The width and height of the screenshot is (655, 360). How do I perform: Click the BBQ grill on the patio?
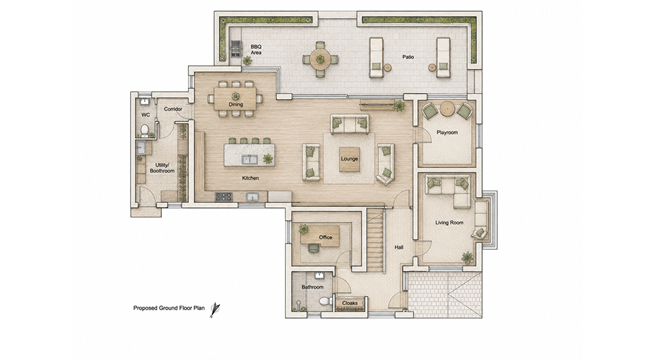pos(236,48)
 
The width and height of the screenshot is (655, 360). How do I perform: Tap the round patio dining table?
pos(320,60)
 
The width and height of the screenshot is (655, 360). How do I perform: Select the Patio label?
pos(408,57)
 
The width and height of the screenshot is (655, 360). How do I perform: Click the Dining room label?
pos(236,105)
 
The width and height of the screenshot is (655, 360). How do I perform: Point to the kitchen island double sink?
pos(250,160)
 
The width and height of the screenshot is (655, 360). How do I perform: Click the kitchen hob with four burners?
pos(223,196)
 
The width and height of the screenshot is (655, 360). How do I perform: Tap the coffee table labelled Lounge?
pos(349,159)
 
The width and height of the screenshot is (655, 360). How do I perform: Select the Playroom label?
pos(447,132)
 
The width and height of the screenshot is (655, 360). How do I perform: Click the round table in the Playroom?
pos(447,109)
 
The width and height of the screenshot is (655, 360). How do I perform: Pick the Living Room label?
pos(449,223)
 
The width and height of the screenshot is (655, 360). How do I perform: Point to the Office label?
pos(326,237)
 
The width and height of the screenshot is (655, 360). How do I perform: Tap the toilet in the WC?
pos(145,130)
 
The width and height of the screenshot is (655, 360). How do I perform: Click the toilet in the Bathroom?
pos(324,301)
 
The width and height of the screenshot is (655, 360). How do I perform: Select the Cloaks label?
pos(350,303)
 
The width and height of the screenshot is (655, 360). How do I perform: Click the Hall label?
pos(399,247)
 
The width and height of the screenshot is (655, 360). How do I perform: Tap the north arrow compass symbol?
pos(215,310)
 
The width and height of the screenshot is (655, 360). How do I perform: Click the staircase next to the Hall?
pos(375,240)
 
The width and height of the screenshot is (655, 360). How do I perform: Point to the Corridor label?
pos(173,109)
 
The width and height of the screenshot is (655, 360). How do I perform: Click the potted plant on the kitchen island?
pos(268,158)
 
